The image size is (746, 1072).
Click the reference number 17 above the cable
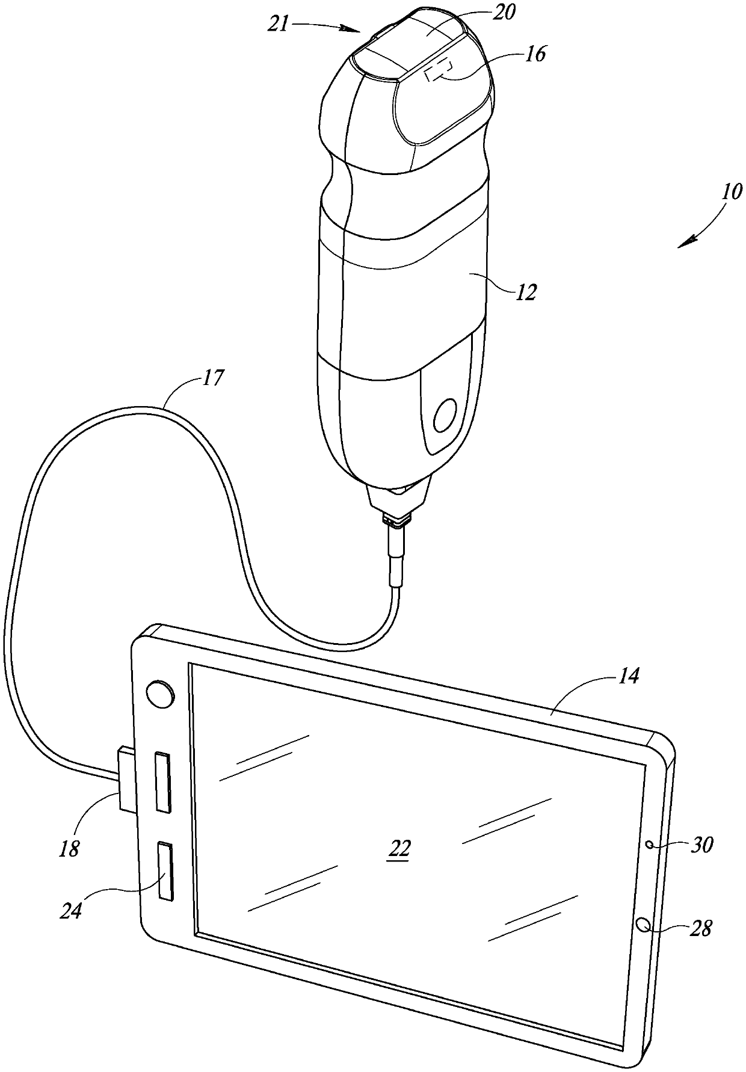(x=212, y=378)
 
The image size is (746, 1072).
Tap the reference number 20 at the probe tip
(x=504, y=13)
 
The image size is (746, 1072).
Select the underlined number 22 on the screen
(x=399, y=848)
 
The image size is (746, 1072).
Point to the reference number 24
(x=70, y=910)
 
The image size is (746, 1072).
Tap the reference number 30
(x=701, y=845)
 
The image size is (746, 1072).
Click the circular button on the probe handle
(x=446, y=416)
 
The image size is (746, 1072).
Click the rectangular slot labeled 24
(x=165, y=872)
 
